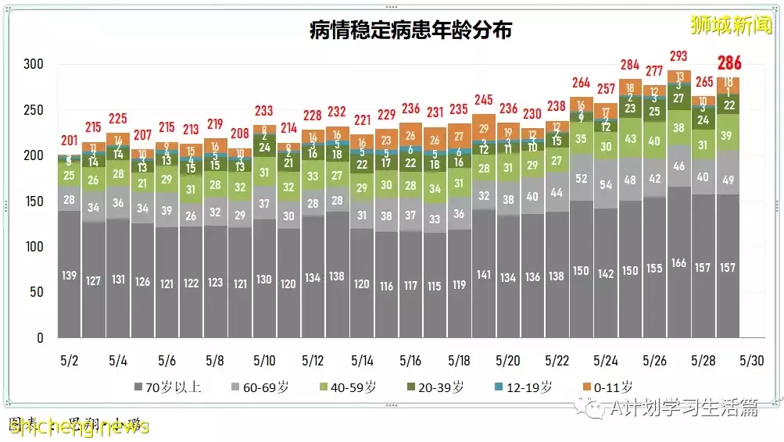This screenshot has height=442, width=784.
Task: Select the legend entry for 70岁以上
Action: pyautogui.click(x=168, y=387)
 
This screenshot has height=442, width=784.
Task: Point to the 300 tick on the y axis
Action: pyautogui.click(x=34, y=64)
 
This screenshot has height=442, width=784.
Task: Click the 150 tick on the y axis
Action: pyautogui.click(x=34, y=201)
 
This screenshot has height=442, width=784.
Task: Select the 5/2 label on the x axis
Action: pyautogui.click(x=69, y=362)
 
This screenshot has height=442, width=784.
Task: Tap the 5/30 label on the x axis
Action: pyautogui.click(x=752, y=362)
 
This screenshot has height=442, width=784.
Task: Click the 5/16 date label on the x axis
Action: pyautogui.click(x=410, y=362)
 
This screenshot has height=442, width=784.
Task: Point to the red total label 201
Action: pyautogui.click(x=69, y=141)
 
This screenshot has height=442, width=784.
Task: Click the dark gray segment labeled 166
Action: pyautogui.click(x=679, y=263)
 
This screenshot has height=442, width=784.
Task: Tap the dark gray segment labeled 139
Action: pyautogui.click(x=69, y=275)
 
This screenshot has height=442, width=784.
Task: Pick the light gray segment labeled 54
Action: pyautogui.click(x=606, y=184)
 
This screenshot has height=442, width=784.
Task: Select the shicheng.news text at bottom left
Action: pyautogui.click(x=78, y=427)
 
